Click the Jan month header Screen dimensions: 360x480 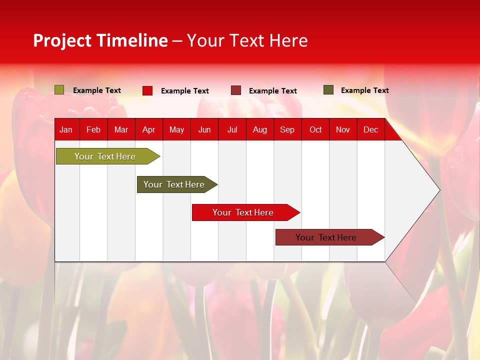click(x=66, y=129)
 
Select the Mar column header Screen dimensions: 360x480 click(x=121, y=129)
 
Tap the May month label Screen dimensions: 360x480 click(x=176, y=129)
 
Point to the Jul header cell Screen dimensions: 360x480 click(x=232, y=129)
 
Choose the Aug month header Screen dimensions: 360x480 click(x=259, y=129)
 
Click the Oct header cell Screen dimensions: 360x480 click(x=315, y=129)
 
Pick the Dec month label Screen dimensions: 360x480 click(x=370, y=129)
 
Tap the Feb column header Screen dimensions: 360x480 click(x=93, y=129)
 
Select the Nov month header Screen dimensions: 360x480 click(x=342, y=129)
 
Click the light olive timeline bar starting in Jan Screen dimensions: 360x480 click(x=105, y=156)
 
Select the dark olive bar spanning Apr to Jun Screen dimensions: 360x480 click(x=174, y=184)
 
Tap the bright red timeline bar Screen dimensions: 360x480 click(x=243, y=212)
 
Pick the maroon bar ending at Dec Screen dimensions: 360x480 click(x=326, y=237)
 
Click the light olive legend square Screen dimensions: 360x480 click(x=59, y=90)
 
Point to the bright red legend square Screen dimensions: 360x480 click(x=147, y=90)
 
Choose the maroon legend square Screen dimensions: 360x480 click(x=236, y=90)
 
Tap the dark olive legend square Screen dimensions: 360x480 click(x=328, y=90)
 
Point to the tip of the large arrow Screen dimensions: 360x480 click(x=438, y=190)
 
